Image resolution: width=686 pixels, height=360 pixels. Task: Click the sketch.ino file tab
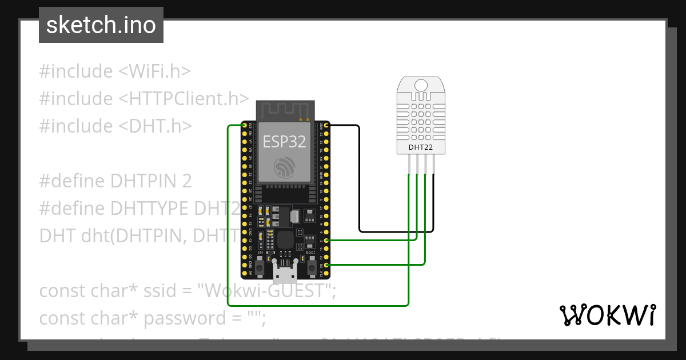click(x=101, y=25)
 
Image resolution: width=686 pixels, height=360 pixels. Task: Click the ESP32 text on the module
click(x=284, y=142)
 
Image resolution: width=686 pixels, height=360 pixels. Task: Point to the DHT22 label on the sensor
click(x=420, y=147)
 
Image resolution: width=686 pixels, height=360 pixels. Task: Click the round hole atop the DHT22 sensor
click(x=421, y=85)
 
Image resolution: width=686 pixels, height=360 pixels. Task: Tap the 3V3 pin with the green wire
click(x=245, y=125)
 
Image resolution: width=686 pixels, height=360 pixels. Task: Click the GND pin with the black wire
click(x=326, y=125)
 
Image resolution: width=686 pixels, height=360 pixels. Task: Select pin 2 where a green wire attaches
click(x=326, y=241)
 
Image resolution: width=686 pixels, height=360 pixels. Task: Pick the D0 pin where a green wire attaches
click(x=326, y=265)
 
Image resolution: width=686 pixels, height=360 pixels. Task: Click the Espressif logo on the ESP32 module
click(x=284, y=167)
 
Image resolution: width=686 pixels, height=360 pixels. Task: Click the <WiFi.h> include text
click(x=154, y=71)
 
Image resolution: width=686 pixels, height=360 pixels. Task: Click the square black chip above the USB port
click(x=285, y=240)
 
